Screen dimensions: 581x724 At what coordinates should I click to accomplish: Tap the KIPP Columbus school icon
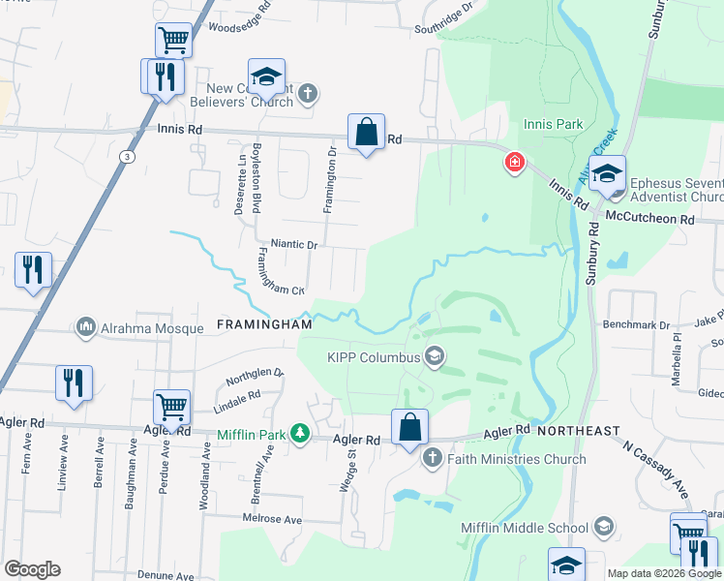(x=435, y=357)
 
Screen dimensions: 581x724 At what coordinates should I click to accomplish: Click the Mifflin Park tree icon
(x=301, y=433)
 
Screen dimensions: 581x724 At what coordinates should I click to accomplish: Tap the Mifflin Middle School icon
(x=604, y=528)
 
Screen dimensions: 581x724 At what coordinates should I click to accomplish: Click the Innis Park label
(x=553, y=124)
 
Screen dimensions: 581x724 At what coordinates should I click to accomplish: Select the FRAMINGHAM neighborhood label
(x=264, y=325)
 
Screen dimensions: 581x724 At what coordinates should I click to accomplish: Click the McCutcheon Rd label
(x=660, y=220)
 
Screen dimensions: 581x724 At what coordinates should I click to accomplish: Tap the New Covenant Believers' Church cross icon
(x=308, y=94)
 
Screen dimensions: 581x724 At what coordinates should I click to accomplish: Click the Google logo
(x=32, y=569)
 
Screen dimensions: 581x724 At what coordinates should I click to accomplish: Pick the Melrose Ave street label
(x=272, y=520)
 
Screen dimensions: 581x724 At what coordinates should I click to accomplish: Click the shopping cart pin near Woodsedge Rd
(x=173, y=41)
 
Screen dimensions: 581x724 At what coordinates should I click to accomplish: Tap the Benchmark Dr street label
(x=637, y=325)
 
